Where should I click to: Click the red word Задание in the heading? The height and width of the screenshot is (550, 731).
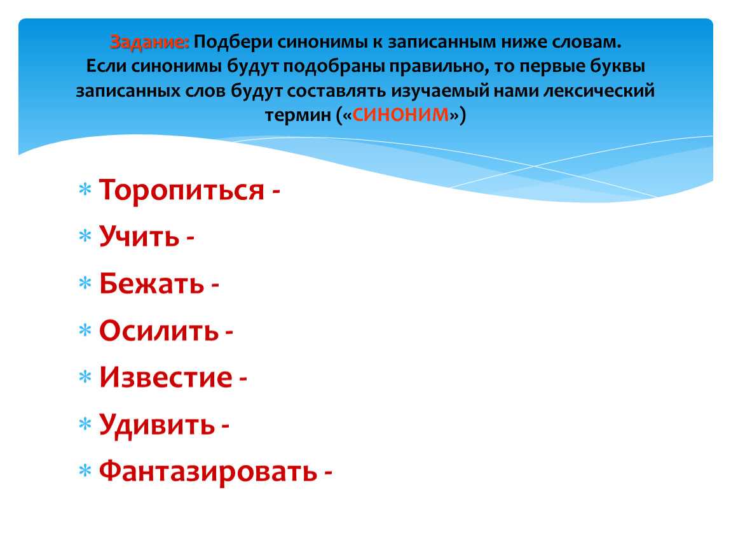point(149,43)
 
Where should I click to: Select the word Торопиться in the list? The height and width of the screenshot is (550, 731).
point(182,190)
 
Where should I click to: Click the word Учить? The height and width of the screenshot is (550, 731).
point(139,236)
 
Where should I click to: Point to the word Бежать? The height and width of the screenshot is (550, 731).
point(151,283)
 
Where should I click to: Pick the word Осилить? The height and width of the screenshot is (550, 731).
point(159,330)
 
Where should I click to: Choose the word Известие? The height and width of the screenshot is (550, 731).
point(165,377)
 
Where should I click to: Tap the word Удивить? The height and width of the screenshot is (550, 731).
point(157,425)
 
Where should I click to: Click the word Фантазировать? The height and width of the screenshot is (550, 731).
point(208,471)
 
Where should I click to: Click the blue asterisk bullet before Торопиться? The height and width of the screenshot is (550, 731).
point(85,190)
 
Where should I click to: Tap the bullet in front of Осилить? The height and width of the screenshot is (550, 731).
point(85,330)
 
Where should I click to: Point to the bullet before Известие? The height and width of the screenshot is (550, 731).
point(85,377)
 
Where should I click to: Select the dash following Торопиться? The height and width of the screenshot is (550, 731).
point(275,192)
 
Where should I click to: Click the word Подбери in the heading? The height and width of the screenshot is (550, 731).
point(233,43)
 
